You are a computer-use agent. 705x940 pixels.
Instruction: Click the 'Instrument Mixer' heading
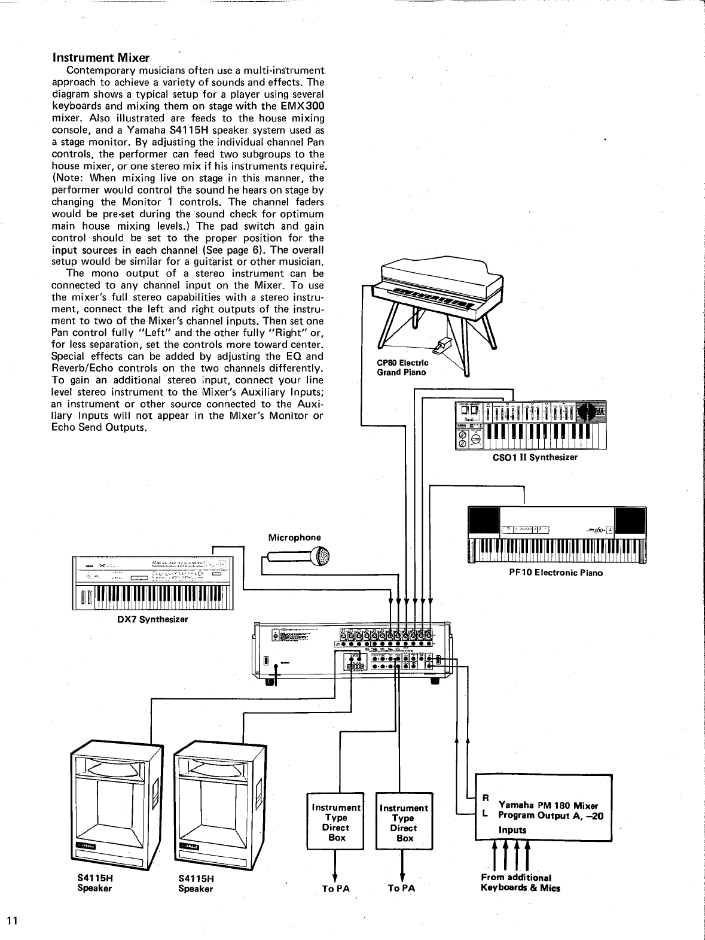pos(100,58)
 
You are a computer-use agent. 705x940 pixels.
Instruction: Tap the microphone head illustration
pos(321,556)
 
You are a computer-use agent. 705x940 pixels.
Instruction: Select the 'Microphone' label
pos(294,537)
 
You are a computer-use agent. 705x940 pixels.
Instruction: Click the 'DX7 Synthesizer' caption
pos(152,619)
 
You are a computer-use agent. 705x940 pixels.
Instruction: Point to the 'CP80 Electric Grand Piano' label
pos(402,367)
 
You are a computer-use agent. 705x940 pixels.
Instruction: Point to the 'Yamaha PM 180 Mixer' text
pos(548,805)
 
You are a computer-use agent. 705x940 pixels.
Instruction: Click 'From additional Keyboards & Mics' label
pos(520,883)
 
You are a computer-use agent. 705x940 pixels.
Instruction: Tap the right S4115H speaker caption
pos(196,884)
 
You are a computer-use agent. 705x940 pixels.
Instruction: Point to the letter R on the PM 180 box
pos(486,798)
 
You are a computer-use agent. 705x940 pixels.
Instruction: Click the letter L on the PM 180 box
pos(486,814)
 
